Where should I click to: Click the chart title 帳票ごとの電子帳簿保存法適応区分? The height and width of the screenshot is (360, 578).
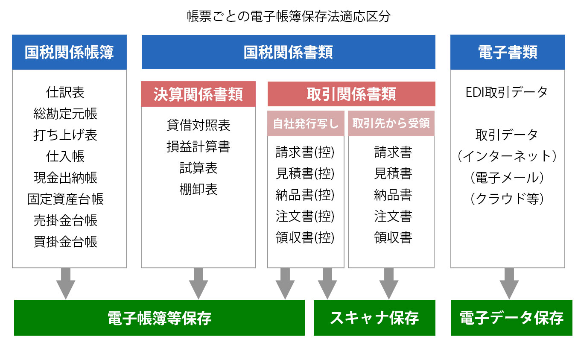pos(289,17)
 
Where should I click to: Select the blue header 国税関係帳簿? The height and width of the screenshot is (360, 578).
pos(69,52)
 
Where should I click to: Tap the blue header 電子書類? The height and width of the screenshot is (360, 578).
pos(508,52)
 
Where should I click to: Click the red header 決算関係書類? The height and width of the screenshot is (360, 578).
pos(198,94)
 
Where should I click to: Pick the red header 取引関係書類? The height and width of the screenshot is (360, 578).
pos(351,94)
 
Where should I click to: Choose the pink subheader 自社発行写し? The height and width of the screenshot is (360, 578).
pos(306,123)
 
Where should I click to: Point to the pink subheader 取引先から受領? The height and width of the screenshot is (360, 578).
pos(391,123)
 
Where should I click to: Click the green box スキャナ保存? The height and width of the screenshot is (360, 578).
pos(374,318)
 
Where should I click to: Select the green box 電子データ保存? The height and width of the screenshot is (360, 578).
pos(511,318)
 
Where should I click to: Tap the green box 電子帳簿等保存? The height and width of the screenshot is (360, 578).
pos(159,318)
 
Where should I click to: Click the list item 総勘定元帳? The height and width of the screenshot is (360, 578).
pos(65,114)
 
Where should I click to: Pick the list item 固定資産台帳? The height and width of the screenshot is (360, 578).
pos(65,199)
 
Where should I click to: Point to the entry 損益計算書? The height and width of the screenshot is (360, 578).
pos(198,146)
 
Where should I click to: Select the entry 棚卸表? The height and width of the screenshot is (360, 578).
pos(198,189)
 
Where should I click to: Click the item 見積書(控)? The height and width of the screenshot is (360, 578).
pos(305,173)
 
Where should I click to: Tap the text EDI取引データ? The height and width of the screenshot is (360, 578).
pos(507,92)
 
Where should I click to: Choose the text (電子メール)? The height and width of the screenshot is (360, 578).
pos(507,178)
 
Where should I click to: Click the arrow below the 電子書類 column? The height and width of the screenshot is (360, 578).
pos(509,284)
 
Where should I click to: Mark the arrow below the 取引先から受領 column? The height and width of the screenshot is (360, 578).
pos(389,284)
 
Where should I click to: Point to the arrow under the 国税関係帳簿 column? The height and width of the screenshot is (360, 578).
pos(66,284)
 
